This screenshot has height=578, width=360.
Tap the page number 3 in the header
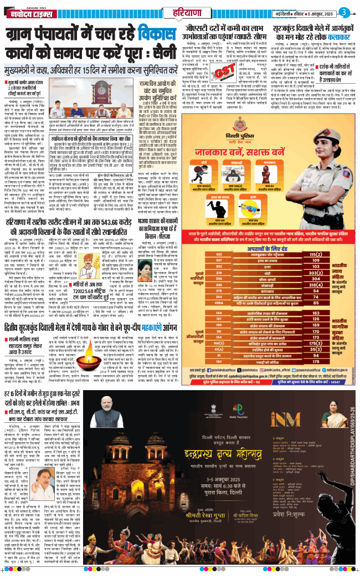pyautogui.click(x=344, y=11)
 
